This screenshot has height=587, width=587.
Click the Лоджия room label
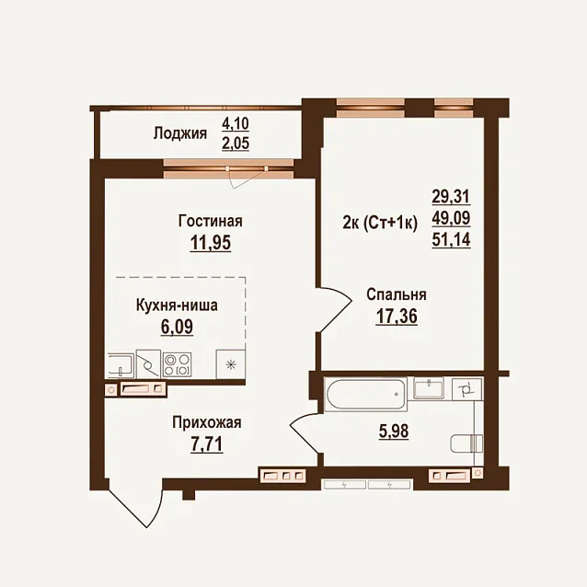click(180, 133)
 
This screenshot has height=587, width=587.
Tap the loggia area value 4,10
click(236, 123)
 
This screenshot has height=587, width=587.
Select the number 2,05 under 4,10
click(236, 143)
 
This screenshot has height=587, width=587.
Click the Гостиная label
click(211, 221)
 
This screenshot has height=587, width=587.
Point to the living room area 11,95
click(211, 243)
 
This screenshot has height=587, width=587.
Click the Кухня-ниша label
click(177, 305)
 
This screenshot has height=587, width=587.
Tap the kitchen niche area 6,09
click(177, 327)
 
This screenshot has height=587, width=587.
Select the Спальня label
click(397, 294)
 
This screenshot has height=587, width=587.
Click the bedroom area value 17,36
click(397, 317)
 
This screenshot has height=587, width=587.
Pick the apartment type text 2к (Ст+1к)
click(380, 224)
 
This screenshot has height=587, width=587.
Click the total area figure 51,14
click(451, 239)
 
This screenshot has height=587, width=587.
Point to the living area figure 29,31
click(451, 196)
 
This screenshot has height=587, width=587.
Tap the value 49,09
click(451, 218)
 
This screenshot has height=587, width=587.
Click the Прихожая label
click(207, 423)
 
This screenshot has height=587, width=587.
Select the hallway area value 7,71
click(207, 444)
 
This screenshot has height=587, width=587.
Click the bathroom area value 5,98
click(393, 432)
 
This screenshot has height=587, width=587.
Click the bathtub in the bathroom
click(366, 394)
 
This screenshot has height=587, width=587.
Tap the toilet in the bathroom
click(466, 444)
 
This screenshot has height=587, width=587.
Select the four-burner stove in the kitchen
click(177, 365)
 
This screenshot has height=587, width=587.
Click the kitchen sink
click(121, 365)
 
